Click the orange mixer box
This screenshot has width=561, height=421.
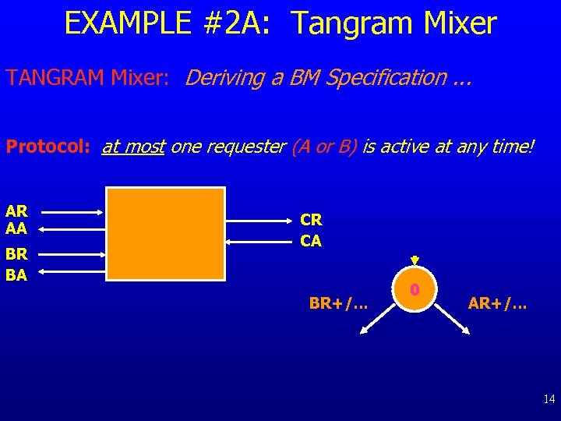[165, 233]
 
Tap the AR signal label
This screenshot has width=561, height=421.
[16, 211]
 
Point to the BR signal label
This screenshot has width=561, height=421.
[16, 255]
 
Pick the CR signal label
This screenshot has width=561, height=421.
[311, 221]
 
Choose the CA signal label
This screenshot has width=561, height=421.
[311, 241]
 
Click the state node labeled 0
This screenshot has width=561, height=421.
[415, 290]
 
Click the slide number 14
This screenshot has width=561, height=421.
[549, 399]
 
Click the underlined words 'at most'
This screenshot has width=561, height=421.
[133, 147]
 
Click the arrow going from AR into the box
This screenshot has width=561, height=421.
[72, 211]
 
